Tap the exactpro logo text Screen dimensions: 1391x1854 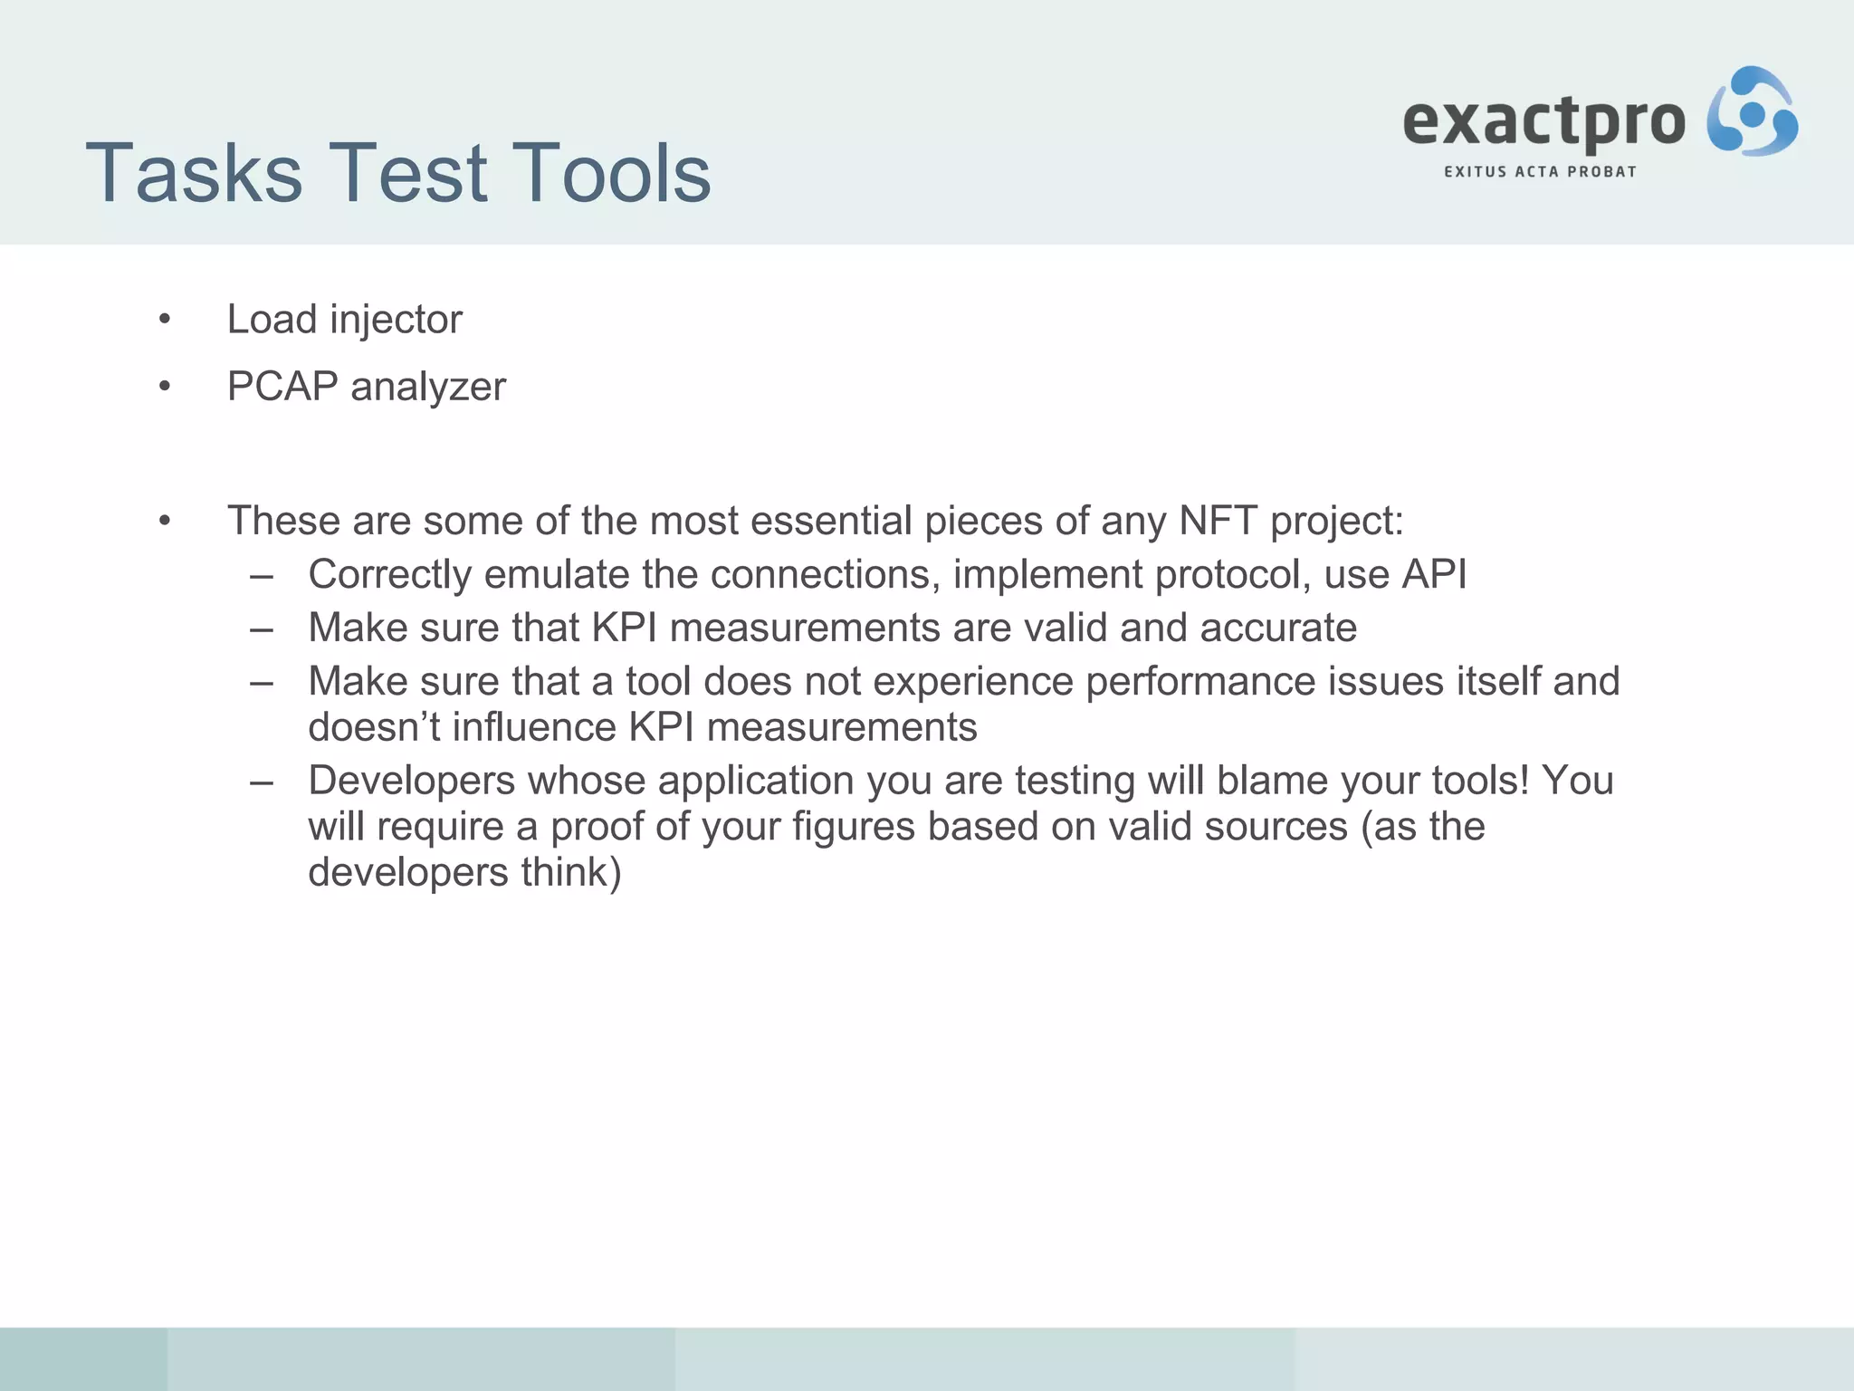click(x=1543, y=121)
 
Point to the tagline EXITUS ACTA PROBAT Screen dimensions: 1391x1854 click(x=1540, y=171)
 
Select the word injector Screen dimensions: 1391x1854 click(x=396, y=320)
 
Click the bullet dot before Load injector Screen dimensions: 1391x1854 click(x=164, y=320)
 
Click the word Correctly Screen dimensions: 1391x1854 click(x=389, y=575)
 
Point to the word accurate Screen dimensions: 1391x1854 click(x=1278, y=628)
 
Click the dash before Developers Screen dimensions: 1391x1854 click(x=262, y=782)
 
